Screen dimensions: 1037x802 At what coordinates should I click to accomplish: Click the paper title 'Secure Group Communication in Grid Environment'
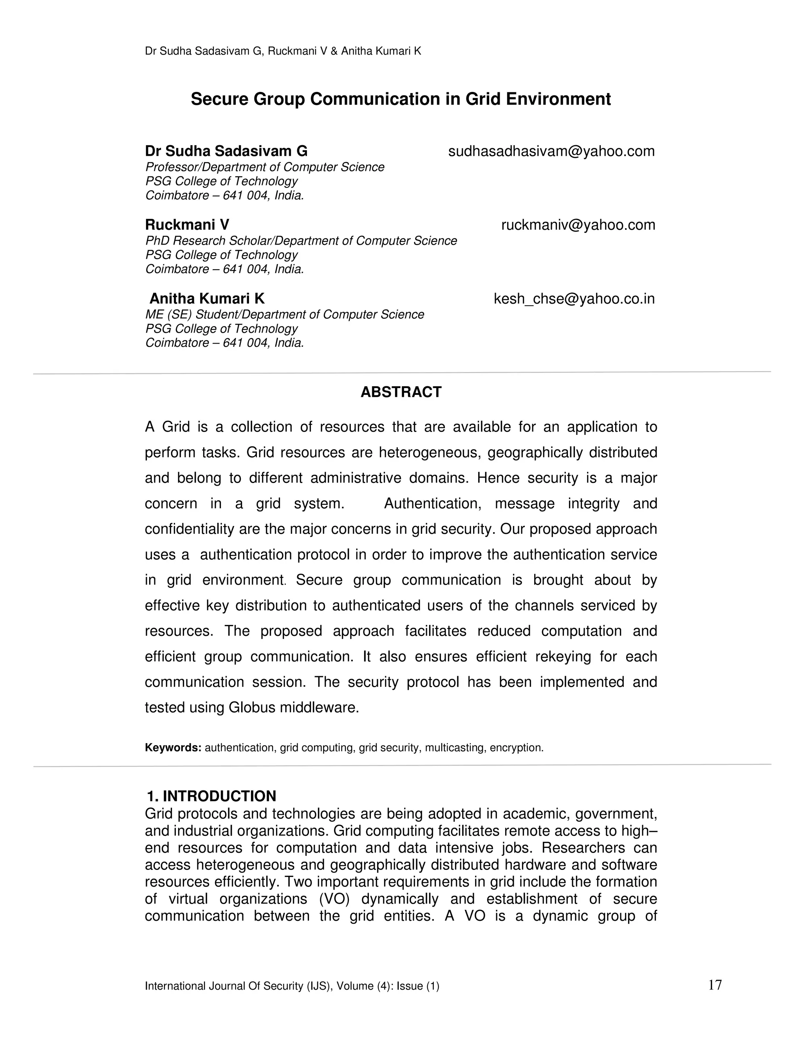click(401, 99)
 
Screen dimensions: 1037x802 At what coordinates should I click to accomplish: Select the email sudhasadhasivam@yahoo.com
click(551, 151)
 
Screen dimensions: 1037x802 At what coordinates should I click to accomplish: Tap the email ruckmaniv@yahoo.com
click(578, 225)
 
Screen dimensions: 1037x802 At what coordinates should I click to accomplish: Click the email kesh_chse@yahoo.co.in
click(574, 299)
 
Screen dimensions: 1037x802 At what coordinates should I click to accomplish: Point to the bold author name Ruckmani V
click(187, 225)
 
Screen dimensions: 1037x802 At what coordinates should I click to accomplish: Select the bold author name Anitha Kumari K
click(207, 299)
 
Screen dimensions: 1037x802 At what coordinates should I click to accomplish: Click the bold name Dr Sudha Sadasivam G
click(226, 151)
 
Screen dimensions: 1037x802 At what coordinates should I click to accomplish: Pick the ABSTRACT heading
click(401, 392)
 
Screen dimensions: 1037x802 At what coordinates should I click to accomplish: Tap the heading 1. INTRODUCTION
click(211, 796)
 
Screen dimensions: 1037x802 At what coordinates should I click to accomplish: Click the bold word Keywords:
click(173, 748)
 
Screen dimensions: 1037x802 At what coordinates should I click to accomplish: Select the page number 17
click(715, 985)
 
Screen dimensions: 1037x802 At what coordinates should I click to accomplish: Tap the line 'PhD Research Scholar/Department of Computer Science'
click(301, 241)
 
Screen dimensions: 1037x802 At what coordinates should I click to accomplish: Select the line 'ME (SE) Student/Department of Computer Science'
click(284, 315)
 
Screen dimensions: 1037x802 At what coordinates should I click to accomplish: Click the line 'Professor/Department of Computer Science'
click(265, 167)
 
